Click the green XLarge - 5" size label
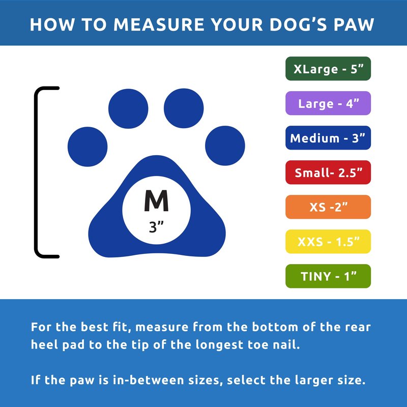328,69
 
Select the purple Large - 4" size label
328,103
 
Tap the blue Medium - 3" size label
328,138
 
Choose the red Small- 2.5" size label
328,172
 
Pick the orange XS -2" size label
328,207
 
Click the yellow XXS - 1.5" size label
328,241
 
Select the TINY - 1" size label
328,276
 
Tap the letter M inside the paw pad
156,200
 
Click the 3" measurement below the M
156,227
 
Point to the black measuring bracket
36,172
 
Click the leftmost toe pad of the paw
88,147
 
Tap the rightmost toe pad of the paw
225,146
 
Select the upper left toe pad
128,109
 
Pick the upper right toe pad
184,108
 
